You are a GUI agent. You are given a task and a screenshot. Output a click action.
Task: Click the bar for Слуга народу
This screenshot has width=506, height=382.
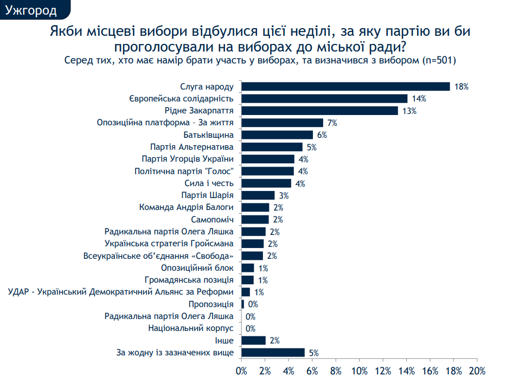point(345,86)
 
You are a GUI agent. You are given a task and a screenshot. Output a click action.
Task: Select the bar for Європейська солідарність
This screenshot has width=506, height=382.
point(324,98)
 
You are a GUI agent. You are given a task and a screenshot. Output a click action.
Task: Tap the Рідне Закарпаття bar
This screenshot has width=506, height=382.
point(319,111)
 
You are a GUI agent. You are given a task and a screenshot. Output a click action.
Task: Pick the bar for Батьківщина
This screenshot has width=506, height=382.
point(277,135)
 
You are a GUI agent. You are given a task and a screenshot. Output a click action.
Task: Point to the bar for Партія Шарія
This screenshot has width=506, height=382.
point(258,195)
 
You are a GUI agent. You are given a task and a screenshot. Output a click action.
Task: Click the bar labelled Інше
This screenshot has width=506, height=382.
point(253,340)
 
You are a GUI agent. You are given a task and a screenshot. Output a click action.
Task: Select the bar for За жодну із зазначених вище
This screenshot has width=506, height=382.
point(273,352)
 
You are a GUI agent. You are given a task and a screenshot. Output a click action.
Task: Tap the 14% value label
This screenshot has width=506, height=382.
point(419,99)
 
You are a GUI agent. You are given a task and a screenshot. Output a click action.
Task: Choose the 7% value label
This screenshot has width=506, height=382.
point(332,123)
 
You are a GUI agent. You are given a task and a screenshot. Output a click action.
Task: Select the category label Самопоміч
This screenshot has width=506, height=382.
point(213,220)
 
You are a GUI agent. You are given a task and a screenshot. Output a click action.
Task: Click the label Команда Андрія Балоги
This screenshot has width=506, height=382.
point(186,207)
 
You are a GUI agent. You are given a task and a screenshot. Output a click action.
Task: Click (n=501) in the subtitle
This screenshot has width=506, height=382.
point(437,60)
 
